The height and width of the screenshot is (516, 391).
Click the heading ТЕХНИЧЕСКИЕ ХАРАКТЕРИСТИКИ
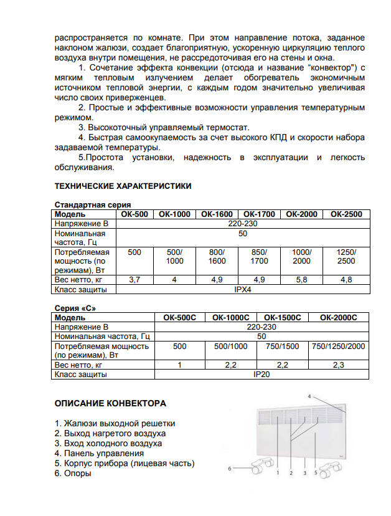pos(123,186)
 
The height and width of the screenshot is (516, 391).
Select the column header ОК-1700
pos(259,214)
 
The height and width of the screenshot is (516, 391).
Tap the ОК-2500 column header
pos(346,214)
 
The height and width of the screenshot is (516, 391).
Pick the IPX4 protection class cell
pos(242,289)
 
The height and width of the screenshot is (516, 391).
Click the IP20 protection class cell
pos(261,375)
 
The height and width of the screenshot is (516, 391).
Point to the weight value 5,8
pos(302,280)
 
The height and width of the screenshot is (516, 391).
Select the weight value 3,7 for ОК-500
pos(134,280)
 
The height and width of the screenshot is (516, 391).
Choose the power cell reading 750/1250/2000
pos(339,346)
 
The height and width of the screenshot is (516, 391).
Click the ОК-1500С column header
pos(283,317)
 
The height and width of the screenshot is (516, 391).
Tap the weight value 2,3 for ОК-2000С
pos(339,365)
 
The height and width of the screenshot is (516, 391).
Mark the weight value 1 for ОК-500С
pos(179,365)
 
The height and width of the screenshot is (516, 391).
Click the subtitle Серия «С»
pos(75,308)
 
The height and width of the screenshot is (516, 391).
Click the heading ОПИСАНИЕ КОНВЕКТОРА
pos(110,403)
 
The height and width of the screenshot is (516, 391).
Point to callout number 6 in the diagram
pos(229,467)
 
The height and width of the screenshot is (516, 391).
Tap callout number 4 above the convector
pos(309,396)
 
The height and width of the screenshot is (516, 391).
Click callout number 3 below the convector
pos(304,474)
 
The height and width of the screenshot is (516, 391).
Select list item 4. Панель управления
pos(99,453)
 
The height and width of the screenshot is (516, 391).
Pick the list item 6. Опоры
pos(73,473)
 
